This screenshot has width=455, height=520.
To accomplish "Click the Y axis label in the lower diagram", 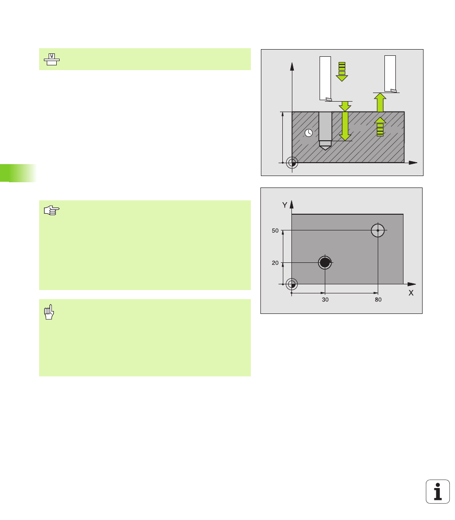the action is tap(285, 205).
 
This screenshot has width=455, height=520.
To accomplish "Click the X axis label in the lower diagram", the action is tap(411, 293).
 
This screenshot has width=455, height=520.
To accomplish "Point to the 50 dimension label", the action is tap(275, 230).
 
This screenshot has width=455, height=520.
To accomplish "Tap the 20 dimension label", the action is tap(275, 263).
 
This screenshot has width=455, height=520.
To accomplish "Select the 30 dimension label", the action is tap(325, 300).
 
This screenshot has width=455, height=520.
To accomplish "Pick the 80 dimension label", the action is tap(378, 300).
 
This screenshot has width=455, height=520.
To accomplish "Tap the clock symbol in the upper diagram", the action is tap(309, 133).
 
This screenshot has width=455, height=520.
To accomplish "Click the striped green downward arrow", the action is tap(342, 72).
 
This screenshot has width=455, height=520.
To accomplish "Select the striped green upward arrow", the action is tap(380, 127).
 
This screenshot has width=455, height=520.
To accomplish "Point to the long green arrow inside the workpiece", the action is tap(345, 126).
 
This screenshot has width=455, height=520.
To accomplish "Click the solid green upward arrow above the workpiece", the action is tap(380, 102).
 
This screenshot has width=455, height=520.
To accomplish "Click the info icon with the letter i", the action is tap(438, 491).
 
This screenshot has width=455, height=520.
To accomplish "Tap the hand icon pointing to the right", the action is tap(52, 210).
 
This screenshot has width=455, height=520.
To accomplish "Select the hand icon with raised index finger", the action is tap(49, 312).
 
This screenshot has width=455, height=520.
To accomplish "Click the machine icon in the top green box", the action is tap(52, 59).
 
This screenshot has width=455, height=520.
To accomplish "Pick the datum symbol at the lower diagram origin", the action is tap(292, 284).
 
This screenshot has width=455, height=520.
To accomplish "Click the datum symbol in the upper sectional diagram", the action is tap(292, 163).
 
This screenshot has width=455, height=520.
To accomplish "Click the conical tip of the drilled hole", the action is tap(325, 147).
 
